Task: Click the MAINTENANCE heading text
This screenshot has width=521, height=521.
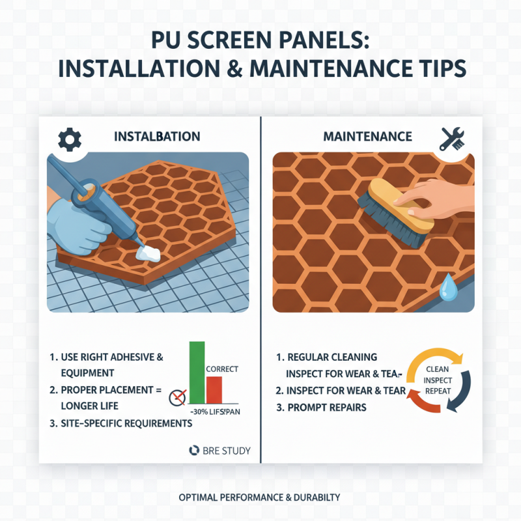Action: (367, 137)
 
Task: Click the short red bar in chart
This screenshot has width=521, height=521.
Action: (214, 390)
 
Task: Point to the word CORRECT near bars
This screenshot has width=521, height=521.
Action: (221, 369)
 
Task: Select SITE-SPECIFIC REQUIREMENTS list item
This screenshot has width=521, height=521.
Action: (120, 423)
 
